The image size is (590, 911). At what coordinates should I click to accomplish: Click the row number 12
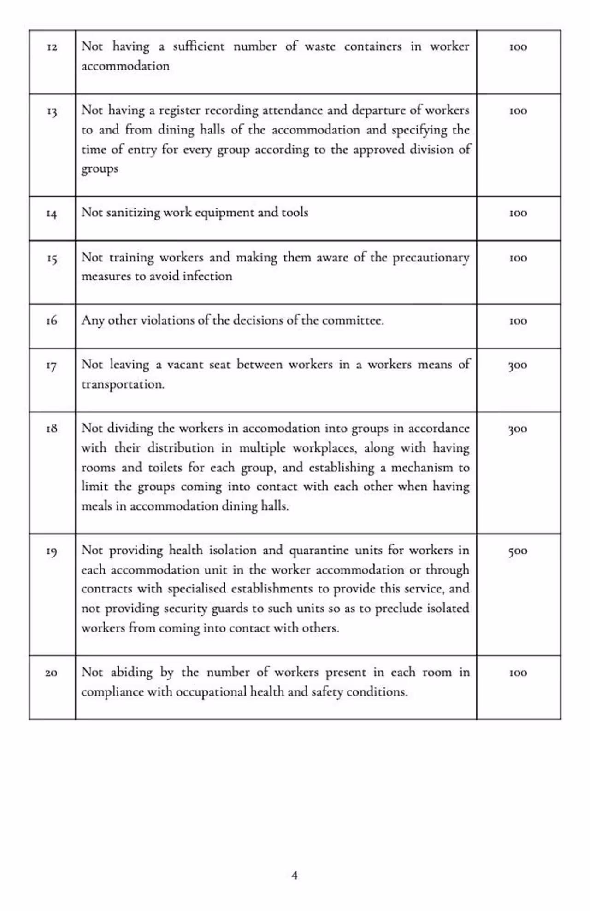52,47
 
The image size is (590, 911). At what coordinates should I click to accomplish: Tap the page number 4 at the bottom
295,875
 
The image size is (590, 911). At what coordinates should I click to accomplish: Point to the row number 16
52,321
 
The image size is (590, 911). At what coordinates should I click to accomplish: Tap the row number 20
51,673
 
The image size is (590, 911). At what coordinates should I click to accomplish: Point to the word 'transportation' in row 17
123,384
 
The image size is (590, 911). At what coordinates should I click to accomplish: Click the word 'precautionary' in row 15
431,258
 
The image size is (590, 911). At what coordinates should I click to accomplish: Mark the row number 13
52,111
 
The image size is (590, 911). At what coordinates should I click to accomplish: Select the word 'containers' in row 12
372,46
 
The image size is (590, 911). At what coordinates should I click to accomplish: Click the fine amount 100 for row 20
518,673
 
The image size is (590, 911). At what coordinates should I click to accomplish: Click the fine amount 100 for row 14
518,213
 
